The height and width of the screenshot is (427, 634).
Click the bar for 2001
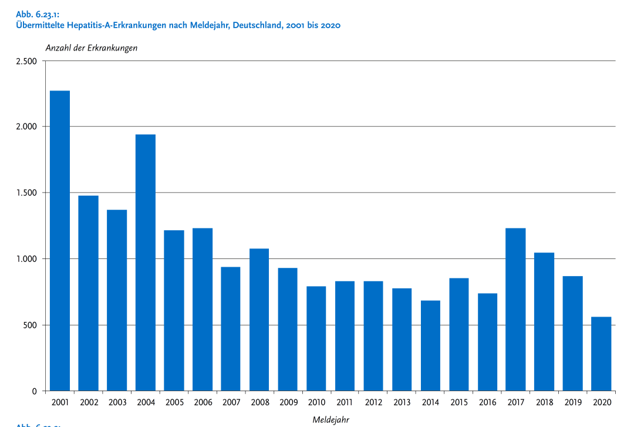click(x=60, y=241)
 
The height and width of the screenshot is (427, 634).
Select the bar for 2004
click(x=146, y=263)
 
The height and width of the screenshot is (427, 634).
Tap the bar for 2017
click(x=515, y=310)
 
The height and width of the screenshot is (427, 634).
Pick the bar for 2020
click(x=601, y=354)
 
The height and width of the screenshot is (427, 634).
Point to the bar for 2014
click(x=430, y=345)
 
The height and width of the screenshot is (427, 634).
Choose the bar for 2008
click(x=259, y=320)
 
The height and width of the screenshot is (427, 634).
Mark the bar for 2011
click(x=345, y=336)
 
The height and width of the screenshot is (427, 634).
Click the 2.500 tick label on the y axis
click(x=26, y=61)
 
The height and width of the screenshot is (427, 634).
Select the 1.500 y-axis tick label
click(x=26, y=193)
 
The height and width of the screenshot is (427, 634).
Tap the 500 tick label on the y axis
click(x=31, y=325)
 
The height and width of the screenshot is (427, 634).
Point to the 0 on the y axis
click(x=35, y=391)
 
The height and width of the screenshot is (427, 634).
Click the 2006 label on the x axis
click(x=203, y=402)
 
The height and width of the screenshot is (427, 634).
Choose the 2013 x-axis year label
click(x=402, y=402)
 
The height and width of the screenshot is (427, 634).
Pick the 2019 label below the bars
click(x=572, y=402)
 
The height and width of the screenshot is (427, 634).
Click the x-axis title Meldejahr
click(x=331, y=419)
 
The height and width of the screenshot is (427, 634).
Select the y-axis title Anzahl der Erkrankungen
click(x=92, y=48)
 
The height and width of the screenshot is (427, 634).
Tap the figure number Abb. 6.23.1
click(x=39, y=15)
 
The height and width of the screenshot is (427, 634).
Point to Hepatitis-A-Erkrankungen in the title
click(x=117, y=25)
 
